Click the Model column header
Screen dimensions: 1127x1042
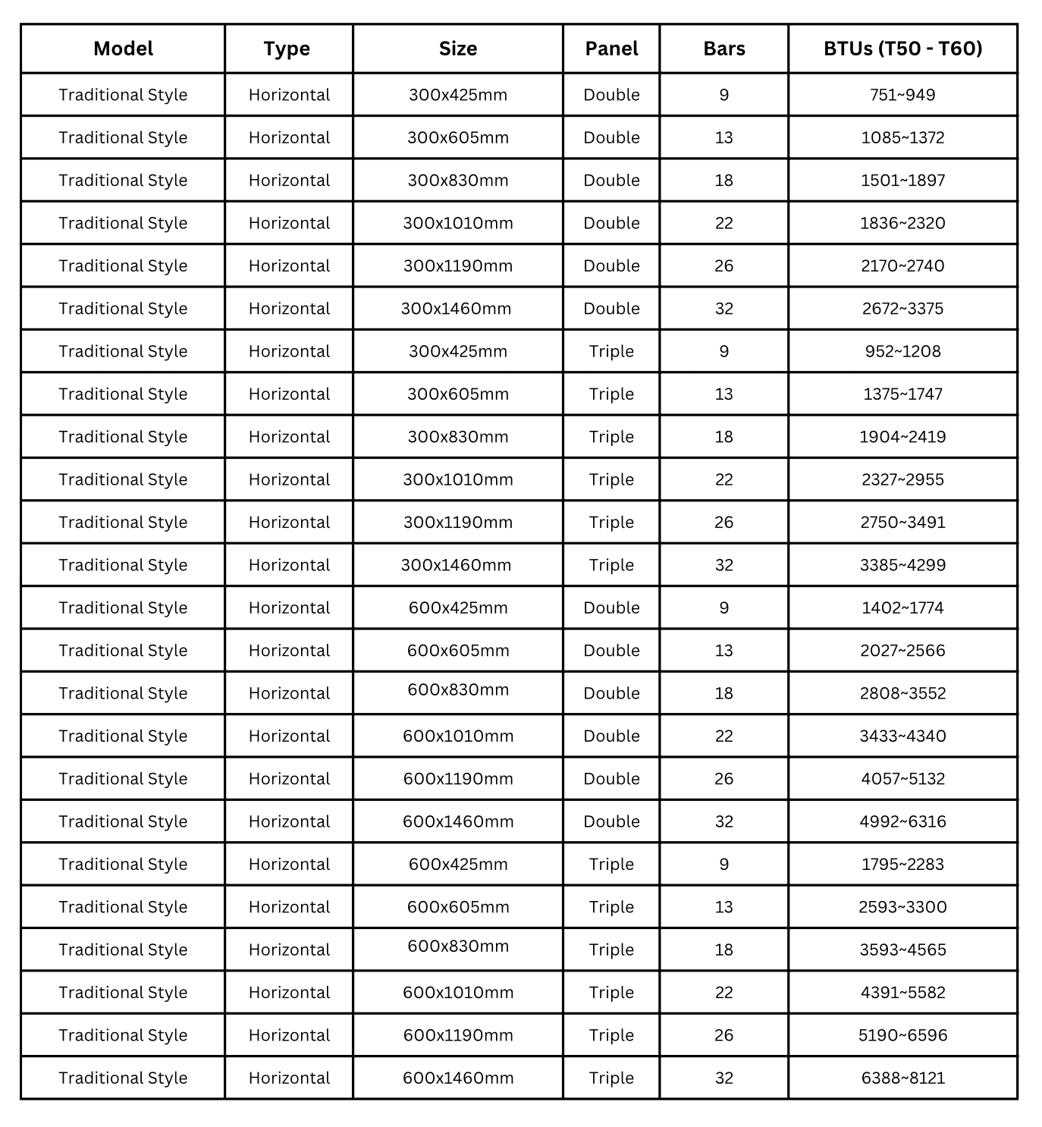(x=123, y=49)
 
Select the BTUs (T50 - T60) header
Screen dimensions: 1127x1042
(x=902, y=49)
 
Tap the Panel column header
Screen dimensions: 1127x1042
(x=611, y=49)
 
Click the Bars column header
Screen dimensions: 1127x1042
(x=723, y=49)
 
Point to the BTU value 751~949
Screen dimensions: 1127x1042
(x=902, y=95)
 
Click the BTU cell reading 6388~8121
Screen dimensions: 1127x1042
(x=902, y=1078)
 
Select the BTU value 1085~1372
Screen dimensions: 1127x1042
(x=902, y=137)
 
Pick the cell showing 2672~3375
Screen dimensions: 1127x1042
(x=902, y=309)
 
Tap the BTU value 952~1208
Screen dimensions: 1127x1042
(x=902, y=351)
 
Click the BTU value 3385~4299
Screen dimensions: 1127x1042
(x=902, y=565)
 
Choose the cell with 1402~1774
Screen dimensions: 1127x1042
(x=902, y=607)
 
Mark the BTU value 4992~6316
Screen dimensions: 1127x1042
(x=902, y=821)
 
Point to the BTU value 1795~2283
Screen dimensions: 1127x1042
(x=902, y=864)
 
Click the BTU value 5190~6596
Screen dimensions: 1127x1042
(x=902, y=1035)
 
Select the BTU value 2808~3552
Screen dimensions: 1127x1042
(x=902, y=693)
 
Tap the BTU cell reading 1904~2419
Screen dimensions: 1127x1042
(x=902, y=437)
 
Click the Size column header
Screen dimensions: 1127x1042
(x=458, y=49)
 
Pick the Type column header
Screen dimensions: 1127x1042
(x=287, y=49)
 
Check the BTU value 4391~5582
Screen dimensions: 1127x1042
(x=902, y=992)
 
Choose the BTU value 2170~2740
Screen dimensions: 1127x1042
(x=902, y=265)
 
